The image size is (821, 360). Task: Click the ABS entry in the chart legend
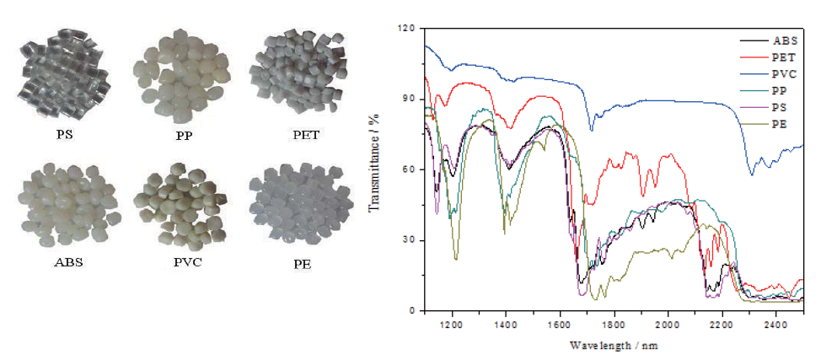(x=781, y=40)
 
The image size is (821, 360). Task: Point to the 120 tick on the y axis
(x=408, y=29)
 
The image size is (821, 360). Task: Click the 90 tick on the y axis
(x=411, y=99)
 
